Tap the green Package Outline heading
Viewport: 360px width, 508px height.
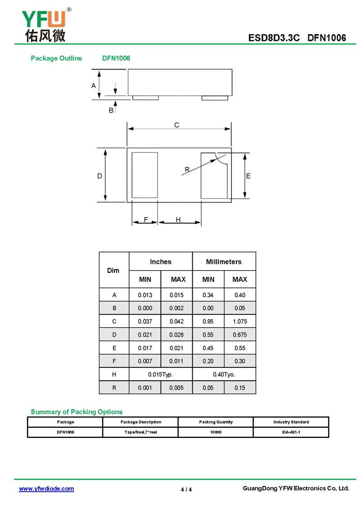tap(56, 58)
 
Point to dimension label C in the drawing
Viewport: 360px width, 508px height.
tap(177, 125)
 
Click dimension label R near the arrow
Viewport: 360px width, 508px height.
tap(187, 169)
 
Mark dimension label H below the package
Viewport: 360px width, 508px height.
tap(178, 219)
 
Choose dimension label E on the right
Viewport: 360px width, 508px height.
tap(248, 176)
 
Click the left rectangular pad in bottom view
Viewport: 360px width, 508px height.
tap(144, 175)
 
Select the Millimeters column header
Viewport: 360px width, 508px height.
tap(224, 262)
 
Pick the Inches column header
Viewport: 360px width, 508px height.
tap(161, 262)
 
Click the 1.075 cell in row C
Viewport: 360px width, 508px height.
tap(240, 321)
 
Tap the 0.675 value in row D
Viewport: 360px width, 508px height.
tap(240, 335)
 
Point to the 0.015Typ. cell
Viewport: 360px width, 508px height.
tap(161, 374)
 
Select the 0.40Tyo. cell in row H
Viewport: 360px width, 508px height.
tap(224, 374)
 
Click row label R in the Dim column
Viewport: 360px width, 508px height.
tap(114, 388)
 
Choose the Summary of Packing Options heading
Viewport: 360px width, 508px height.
tap(76, 412)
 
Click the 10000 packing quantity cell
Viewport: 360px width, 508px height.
tap(216, 432)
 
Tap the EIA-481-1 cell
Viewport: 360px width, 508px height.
tap(291, 432)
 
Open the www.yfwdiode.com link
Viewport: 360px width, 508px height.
tap(46, 489)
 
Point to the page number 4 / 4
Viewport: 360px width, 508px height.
tap(186, 490)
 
